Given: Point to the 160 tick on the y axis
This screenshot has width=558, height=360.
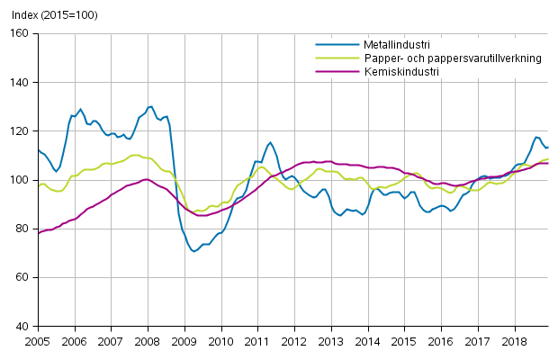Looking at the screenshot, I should click(19, 33).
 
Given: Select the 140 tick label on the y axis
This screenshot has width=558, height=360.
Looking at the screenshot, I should click(19, 83).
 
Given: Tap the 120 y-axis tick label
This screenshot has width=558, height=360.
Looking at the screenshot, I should click(19, 131).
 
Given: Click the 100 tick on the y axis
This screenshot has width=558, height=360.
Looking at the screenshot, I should click(19, 180).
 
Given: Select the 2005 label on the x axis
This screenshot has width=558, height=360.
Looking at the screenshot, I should click(37, 342).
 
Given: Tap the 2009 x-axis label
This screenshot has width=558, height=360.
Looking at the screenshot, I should click(184, 342).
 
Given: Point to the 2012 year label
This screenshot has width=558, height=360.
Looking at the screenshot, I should click(294, 342).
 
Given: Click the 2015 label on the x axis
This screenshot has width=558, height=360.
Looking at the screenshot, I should click(405, 342).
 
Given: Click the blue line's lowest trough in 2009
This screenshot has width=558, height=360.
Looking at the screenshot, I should click(194, 251).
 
